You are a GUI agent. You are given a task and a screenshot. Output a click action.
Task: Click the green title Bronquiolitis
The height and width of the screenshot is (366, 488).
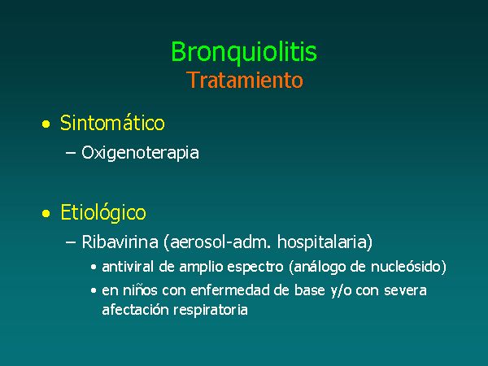point(244,52)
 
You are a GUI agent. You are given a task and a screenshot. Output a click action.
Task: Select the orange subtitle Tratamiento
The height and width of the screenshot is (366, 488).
point(245,81)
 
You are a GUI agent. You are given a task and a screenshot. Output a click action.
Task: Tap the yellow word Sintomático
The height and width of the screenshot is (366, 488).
point(112,123)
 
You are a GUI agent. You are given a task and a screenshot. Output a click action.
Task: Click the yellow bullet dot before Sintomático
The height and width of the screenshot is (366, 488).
point(46,124)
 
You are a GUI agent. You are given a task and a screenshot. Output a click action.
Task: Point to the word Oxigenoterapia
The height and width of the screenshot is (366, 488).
point(140,153)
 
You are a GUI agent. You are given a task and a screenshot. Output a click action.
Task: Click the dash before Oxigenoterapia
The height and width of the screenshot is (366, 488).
point(71,153)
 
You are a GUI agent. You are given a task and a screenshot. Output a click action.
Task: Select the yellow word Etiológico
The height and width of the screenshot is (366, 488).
point(103,213)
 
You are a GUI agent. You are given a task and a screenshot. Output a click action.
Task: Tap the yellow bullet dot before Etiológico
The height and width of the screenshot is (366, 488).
point(46,213)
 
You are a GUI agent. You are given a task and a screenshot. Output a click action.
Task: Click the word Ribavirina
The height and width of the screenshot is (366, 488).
point(120,242)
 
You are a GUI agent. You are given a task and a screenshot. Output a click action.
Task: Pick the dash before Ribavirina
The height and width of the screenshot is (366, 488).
point(71,242)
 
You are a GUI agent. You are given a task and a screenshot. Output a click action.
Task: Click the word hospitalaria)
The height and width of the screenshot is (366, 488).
point(325,242)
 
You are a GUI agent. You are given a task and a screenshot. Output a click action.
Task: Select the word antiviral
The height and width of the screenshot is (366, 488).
point(128,267)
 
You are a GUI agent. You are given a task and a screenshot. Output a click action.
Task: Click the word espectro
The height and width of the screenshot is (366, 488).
point(255,268)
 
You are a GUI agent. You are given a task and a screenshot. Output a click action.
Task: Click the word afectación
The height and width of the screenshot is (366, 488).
point(135,310)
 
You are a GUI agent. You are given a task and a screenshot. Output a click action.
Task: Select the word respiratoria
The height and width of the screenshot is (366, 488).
point(211,311)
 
